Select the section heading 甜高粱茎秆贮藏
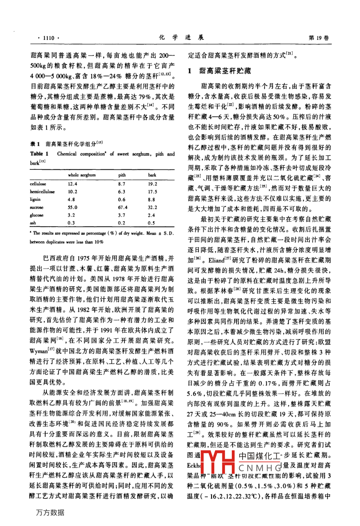(x=225, y=71)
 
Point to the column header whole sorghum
(x=82, y=175)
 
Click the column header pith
(x=122, y=175)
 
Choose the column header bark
(x=152, y=175)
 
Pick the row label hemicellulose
(x=42, y=192)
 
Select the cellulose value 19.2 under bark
(x=152, y=184)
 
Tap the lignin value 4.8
(x=72, y=200)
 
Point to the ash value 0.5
(x=151, y=223)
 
